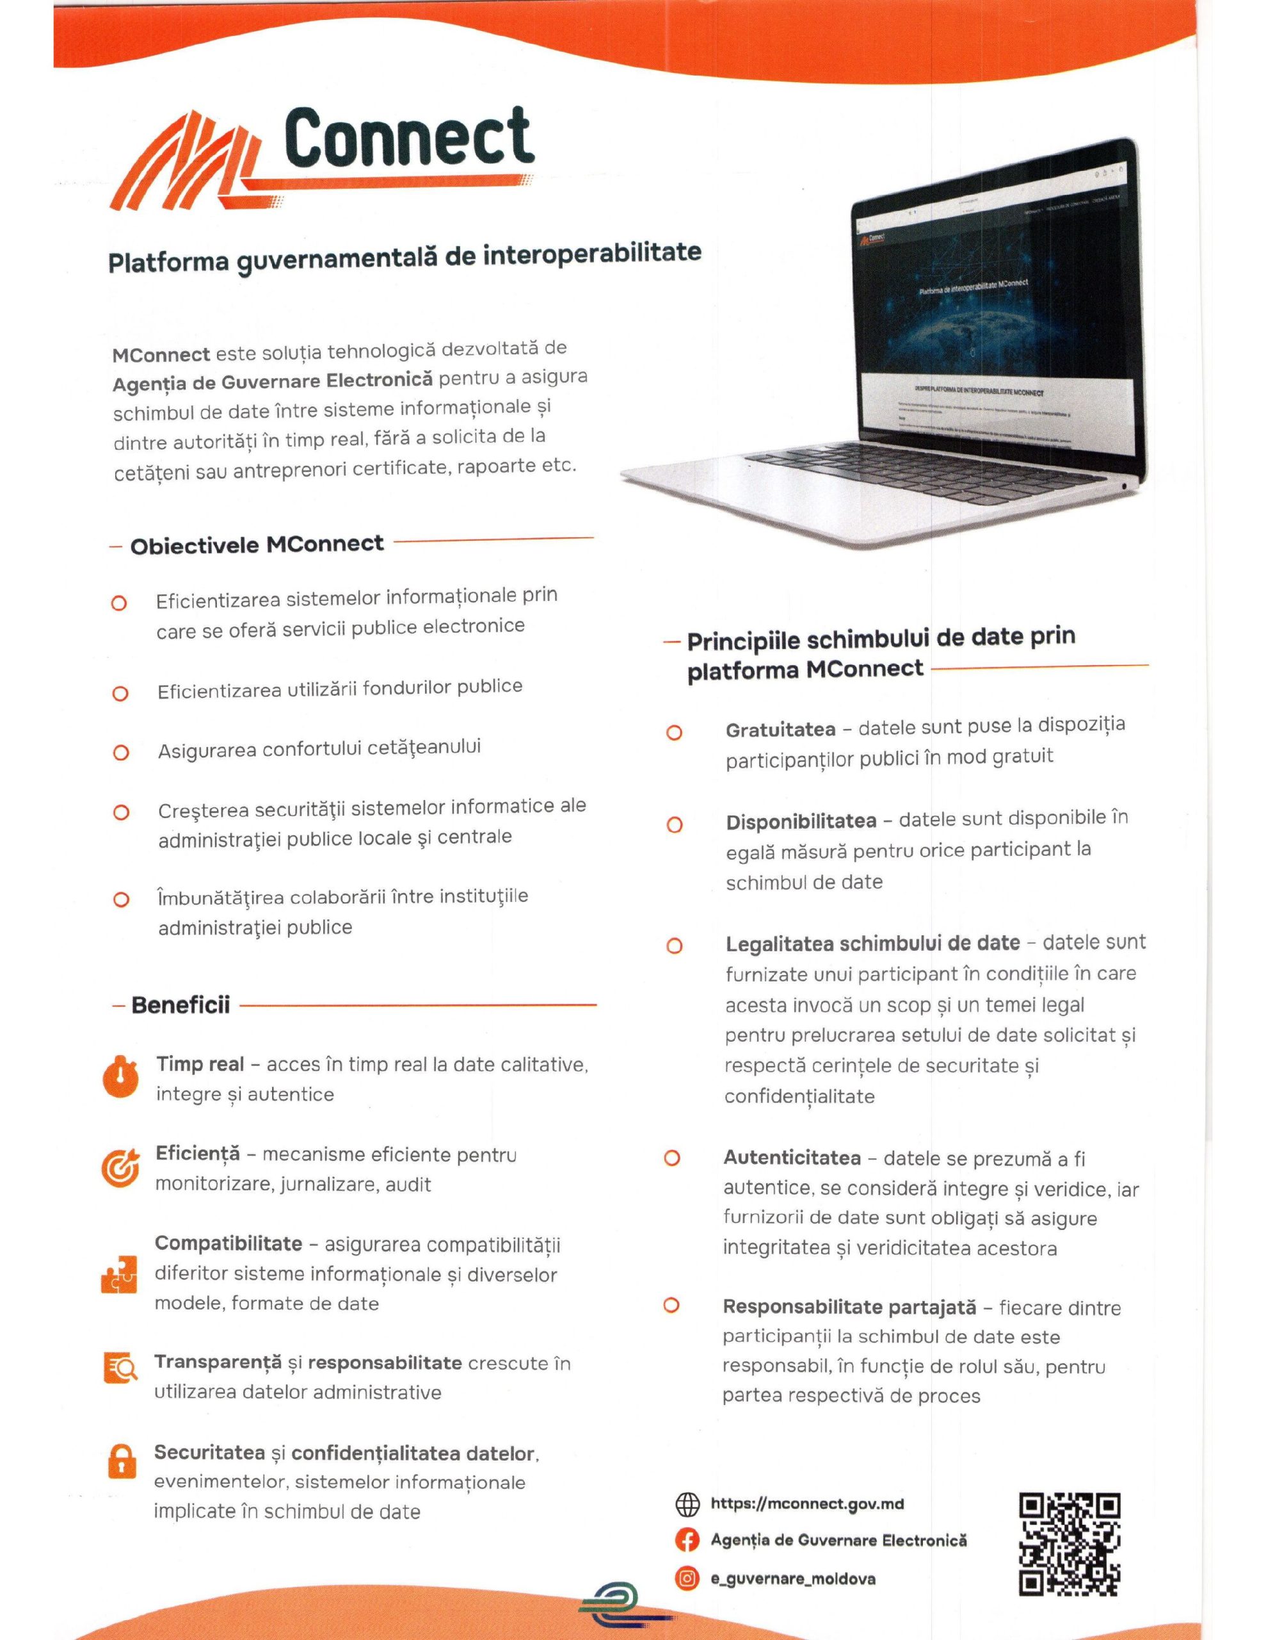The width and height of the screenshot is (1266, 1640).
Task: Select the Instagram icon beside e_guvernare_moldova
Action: click(x=687, y=1578)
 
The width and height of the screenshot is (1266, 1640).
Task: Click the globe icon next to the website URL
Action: click(x=687, y=1504)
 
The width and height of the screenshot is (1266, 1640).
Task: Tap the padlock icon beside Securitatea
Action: click(x=122, y=1461)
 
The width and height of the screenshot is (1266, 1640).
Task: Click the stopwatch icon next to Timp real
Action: click(x=121, y=1078)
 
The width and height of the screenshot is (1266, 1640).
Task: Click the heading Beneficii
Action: click(x=180, y=1004)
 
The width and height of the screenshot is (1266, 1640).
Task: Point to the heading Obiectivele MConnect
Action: click(x=257, y=545)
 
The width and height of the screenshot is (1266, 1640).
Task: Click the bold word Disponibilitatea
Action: click(x=801, y=821)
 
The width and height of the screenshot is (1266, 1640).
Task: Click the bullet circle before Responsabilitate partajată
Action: click(x=671, y=1305)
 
